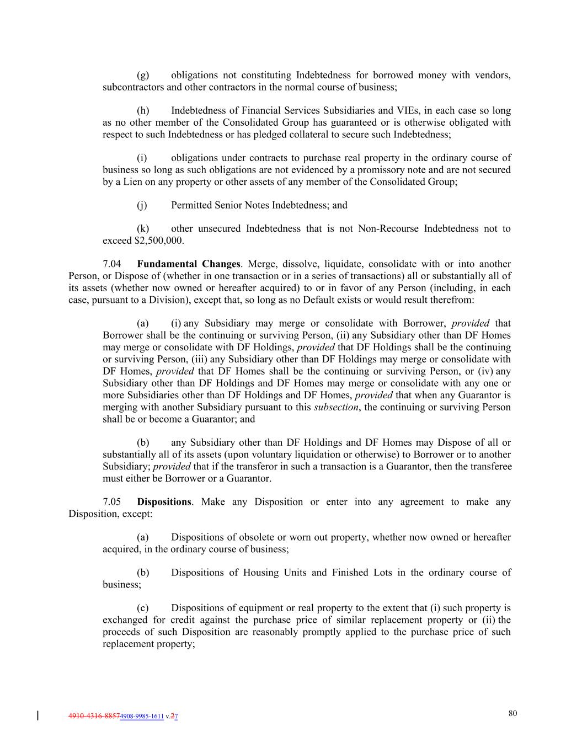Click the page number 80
point(512,713)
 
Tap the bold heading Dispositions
point(164,502)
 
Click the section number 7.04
point(112,264)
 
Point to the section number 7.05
point(112,502)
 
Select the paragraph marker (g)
point(143,75)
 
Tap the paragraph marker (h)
point(143,111)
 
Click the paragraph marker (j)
point(142,205)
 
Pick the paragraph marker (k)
point(143,229)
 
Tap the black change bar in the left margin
point(38,716)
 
